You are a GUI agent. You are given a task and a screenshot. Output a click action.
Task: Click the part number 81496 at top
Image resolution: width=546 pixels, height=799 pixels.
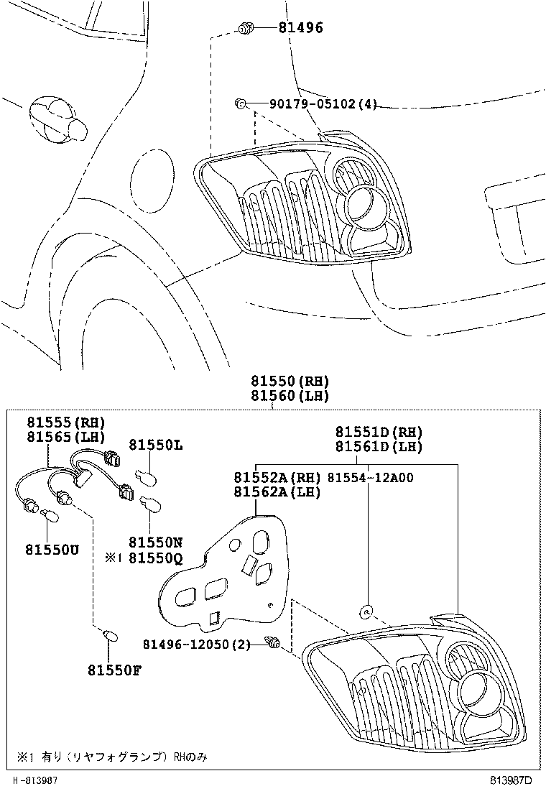point(300,29)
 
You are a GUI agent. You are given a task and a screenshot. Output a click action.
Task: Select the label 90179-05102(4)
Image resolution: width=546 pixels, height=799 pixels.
point(323,104)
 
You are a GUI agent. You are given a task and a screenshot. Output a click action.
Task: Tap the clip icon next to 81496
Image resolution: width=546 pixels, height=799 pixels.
point(246,29)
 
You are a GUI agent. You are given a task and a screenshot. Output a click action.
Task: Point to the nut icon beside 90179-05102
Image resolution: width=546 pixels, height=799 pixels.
point(241,105)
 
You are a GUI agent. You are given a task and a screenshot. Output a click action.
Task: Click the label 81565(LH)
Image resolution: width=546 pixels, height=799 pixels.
point(66,436)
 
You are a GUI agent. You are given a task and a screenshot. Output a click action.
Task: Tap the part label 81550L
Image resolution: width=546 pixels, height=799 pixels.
point(156,445)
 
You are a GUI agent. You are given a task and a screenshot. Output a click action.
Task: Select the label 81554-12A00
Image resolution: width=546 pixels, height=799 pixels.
point(370,477)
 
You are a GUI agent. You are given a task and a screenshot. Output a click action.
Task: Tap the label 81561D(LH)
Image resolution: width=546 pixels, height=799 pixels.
point(379,446)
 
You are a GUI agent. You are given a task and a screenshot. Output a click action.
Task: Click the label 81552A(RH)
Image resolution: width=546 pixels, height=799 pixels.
point(277,477)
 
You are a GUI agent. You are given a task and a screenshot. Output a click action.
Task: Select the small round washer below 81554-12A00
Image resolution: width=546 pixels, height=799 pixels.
point(366,611)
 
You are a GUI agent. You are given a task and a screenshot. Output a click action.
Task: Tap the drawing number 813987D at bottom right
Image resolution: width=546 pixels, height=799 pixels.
point(511,780)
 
